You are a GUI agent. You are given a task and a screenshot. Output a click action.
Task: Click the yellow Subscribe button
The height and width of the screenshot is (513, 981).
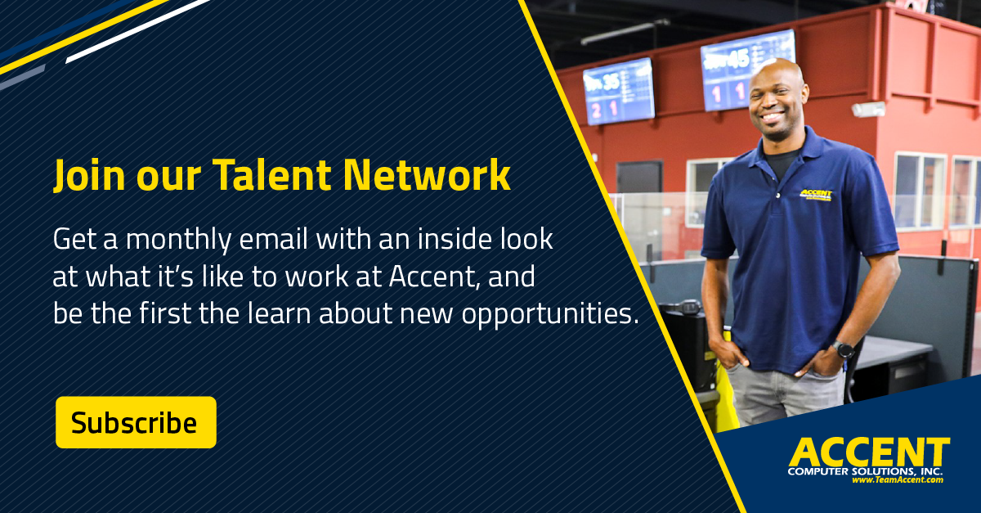point(136,422)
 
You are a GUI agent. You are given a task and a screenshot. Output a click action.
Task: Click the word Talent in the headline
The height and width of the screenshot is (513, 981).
point(271,175)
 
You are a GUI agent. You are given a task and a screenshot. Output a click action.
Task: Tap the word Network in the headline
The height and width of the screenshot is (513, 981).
point(427,175)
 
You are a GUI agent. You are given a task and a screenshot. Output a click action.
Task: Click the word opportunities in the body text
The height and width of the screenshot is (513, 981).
point(550,315)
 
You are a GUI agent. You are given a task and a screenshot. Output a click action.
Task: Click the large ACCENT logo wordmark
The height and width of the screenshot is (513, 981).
point(869,452)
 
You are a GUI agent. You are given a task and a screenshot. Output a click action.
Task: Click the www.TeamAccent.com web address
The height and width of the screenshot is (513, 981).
point(898,479)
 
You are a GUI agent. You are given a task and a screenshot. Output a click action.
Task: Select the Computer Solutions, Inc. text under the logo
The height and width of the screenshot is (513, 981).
point(865,471)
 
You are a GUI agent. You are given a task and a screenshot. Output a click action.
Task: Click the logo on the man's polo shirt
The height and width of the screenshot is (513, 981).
point(816,195)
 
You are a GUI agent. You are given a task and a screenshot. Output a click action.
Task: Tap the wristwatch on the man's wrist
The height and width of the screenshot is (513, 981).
point(843,349)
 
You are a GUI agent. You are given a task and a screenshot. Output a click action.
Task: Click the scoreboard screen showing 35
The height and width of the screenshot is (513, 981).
point(619,92)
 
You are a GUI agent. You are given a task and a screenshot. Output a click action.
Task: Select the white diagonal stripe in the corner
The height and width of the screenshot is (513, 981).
point(137,31)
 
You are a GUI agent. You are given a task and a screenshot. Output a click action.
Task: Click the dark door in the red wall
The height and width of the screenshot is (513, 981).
point(639,178)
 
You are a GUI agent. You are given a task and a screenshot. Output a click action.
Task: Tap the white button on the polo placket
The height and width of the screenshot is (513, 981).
point(777,195)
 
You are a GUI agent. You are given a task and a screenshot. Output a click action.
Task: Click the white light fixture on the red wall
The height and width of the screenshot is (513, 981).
point(868,109)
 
